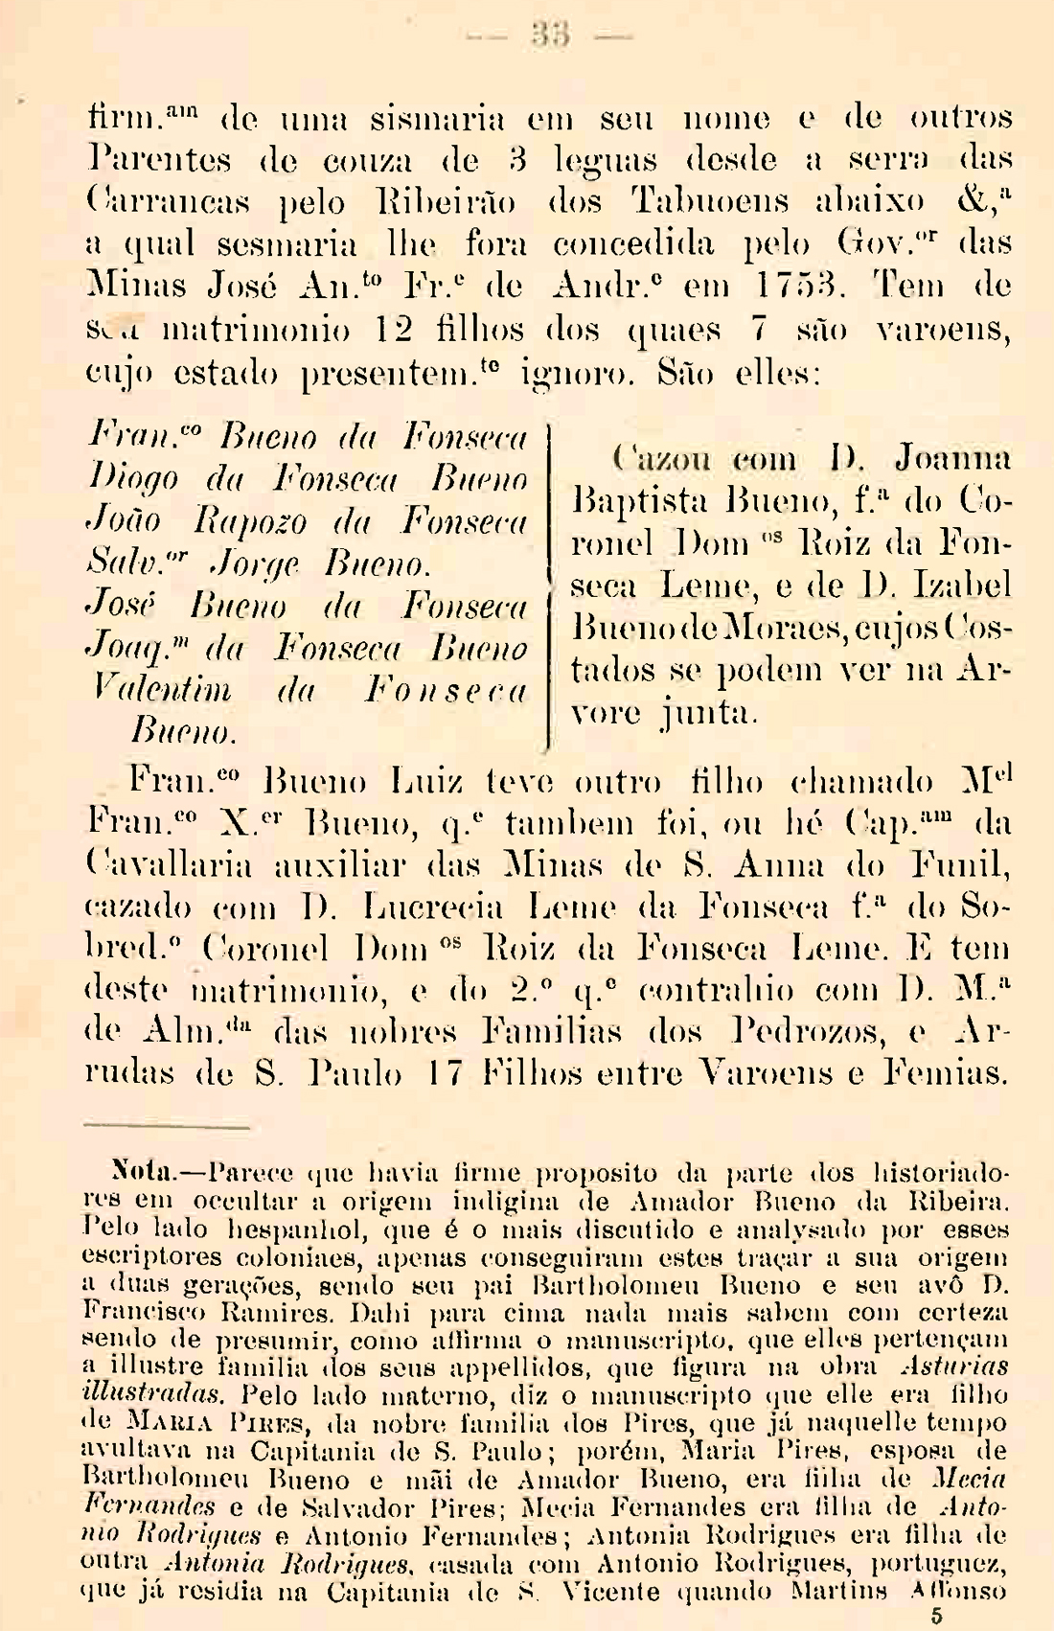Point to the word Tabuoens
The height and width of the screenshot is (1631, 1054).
pos(710,202)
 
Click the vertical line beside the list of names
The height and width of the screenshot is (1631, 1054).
pos(547,585)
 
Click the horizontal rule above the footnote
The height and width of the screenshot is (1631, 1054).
pos(167,1127)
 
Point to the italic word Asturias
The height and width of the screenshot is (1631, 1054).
pos(953,1367)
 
